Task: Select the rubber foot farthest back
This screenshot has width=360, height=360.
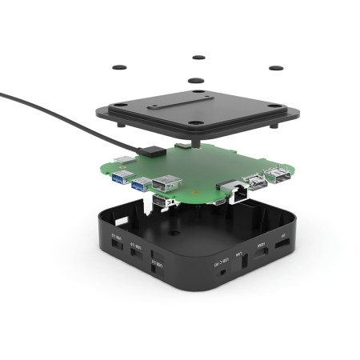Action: click(198, 57)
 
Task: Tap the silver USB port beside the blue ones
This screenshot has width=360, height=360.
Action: click(166, 182)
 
